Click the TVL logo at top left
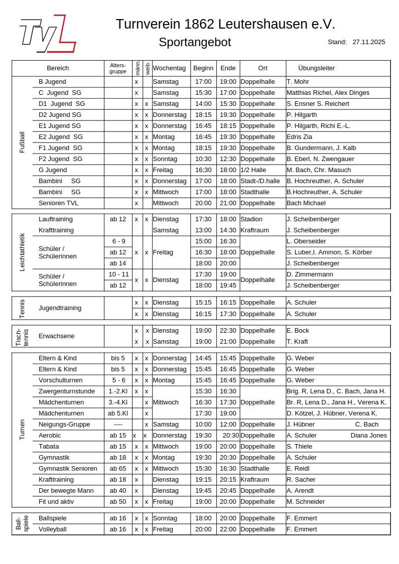pos(48,34)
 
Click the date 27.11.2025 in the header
pos(369,42)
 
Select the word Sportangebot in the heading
pos(195,43)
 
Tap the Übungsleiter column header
pos(316,68)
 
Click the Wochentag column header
pos(169,68)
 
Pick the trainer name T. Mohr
pos(298,82)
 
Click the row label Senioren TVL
pos(58,203)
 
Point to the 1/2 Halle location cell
pos(253,170)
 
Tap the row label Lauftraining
pos(55,219)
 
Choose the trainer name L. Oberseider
pos(306,241)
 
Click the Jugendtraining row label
pos(60,308)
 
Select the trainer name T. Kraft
pos(297,342)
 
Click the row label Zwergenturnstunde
pos(66,391)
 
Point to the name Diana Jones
pos(369,436)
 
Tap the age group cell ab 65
pos(118,469)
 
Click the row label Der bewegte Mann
pos(66,491)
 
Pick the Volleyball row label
pos(52,529)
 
